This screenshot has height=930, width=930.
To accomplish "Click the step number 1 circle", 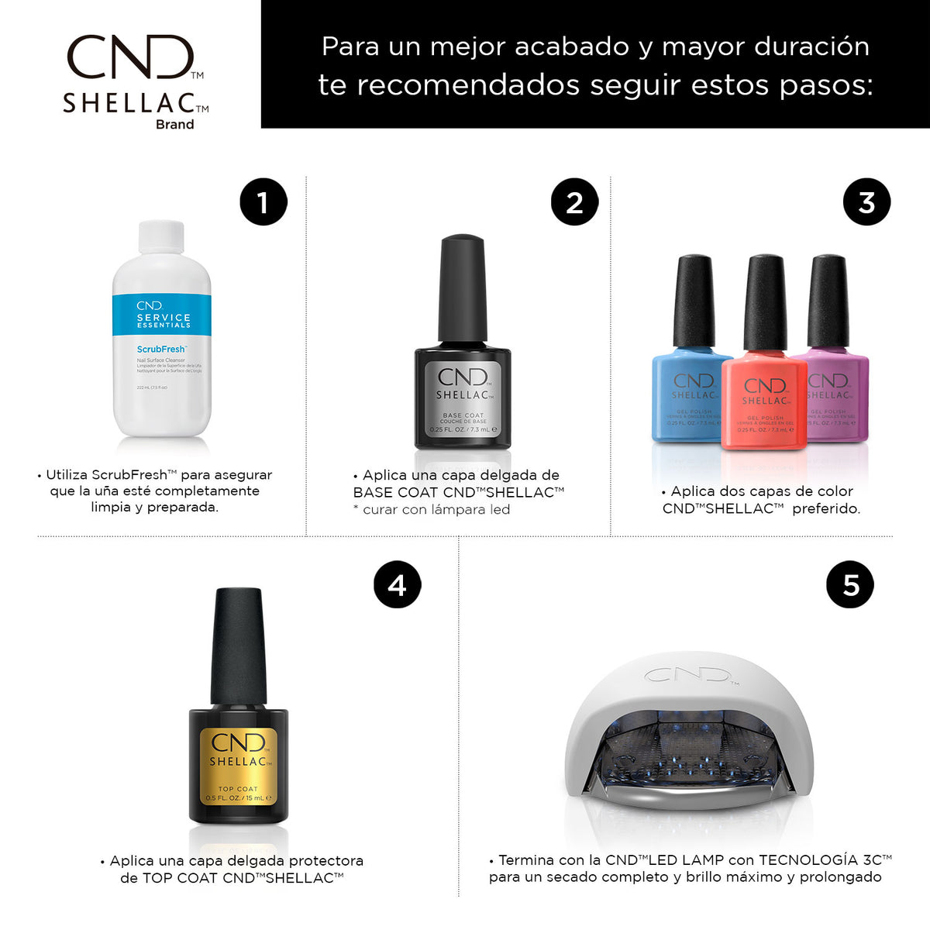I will [x=263, y=203].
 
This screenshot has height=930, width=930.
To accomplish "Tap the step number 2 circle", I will [x=574, y=203].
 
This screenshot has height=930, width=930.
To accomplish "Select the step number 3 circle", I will [x=866, y=203].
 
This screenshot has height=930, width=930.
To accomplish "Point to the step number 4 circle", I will [x=397, y=584].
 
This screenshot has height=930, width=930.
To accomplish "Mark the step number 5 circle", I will [x=850, y=584].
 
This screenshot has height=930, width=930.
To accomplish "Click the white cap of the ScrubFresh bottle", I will [x=161, y=238].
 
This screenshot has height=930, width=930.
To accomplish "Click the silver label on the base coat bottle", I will [x=463, y=399].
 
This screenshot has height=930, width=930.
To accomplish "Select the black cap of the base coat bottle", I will [x=463, y=288].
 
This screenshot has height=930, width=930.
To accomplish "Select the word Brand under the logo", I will [x=174, y=124].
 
